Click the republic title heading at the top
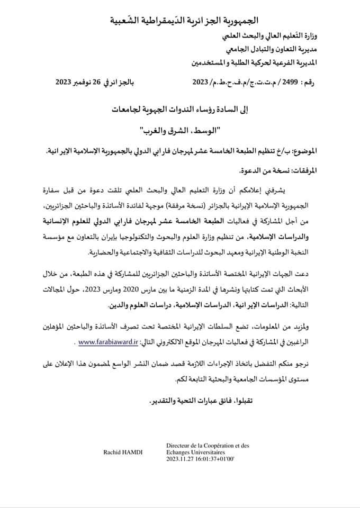[x=186, y=21]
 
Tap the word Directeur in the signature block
[x=179, y=446]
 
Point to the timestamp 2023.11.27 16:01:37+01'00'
[x=203, y=460]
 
